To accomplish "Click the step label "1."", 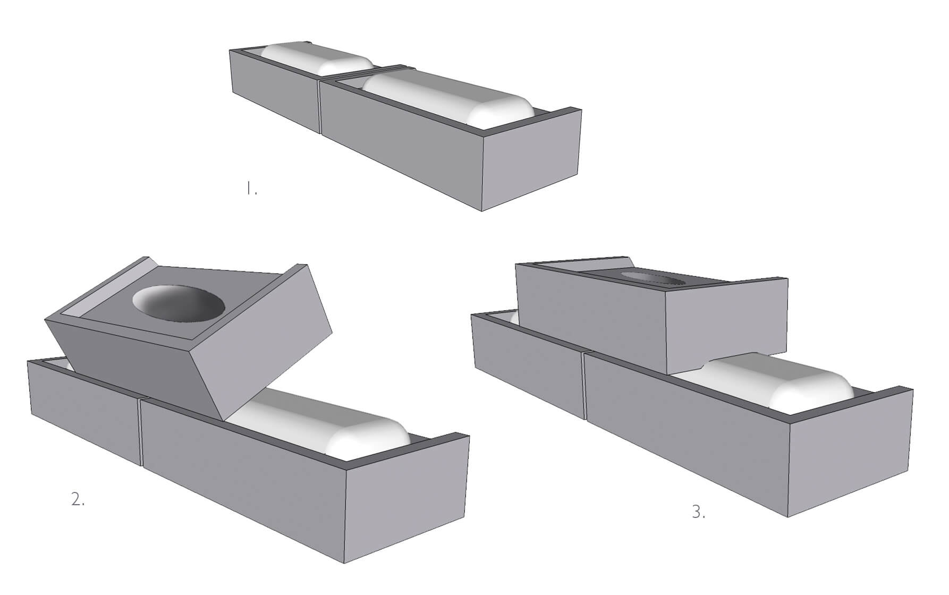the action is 251,189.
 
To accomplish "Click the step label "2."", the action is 78,499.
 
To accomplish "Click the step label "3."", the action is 699,512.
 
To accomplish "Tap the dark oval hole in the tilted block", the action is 178,304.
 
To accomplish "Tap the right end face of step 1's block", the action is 531,159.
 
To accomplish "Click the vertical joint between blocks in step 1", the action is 320,106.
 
